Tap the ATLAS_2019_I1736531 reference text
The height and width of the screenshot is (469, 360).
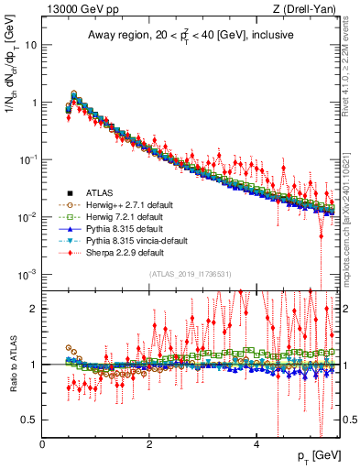(191, 274)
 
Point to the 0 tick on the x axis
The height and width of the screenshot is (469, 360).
(43, 444)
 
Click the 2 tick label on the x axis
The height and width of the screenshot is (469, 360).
(149, 444)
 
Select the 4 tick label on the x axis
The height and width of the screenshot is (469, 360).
(256, 444)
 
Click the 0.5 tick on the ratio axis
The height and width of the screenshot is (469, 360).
(29, 420)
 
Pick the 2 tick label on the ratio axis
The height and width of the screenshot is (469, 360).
(34, 308)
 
